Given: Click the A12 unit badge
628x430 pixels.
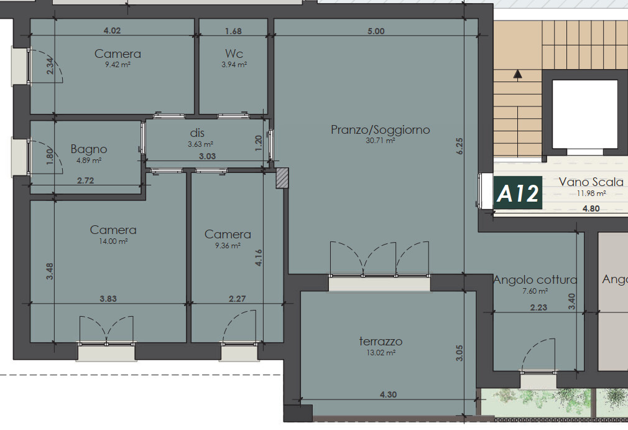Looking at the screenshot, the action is coord(517,193).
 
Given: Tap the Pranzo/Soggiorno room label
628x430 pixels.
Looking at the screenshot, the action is coord(380,130).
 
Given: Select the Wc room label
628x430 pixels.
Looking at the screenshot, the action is coord(234,54).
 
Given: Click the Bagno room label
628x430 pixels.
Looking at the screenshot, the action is coord(88,149).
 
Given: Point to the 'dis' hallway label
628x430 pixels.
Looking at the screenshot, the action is coord(197,133).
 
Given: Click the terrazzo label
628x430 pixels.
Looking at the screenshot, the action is coord(381,342).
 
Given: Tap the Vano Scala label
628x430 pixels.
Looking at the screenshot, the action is coord(591,182).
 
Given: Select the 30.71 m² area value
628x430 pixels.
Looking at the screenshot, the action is coord(380,141).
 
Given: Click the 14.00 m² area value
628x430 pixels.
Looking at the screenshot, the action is coord(113,241).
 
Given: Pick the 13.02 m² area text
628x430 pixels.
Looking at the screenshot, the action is coord(381,353).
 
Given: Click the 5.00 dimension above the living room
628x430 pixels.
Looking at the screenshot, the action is coord(376,31).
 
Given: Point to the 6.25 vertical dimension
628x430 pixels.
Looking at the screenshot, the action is coord(459,146).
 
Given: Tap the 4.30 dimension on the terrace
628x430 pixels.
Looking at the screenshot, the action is coord(388,395).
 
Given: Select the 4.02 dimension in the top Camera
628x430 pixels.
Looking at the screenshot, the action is coord(112,30).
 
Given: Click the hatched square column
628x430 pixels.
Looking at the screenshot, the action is coord(282,178).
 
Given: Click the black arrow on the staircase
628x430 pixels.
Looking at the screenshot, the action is coord(518,73).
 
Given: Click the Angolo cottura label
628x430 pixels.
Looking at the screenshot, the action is coord(535,280).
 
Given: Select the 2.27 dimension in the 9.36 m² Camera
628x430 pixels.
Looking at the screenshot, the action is coord(237,299).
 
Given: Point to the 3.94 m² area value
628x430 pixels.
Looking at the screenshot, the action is coord(234,65).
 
